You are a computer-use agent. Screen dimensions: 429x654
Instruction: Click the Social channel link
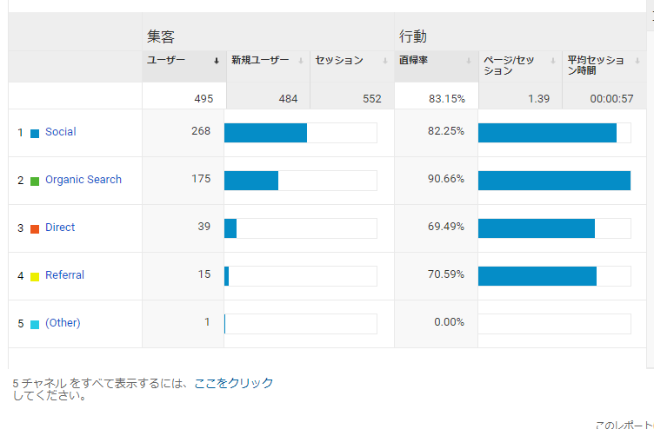tap(60, 132)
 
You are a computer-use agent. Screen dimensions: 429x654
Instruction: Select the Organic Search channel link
tap(83, 180)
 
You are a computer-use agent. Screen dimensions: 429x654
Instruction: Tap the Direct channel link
tap(60, 228)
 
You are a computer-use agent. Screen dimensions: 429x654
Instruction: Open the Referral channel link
tap(64, 275)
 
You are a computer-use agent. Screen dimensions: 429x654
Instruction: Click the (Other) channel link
tap(63, 323)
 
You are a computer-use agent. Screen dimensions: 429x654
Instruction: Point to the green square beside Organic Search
tap(35, 181)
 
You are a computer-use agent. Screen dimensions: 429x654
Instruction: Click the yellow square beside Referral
tap(35, 276)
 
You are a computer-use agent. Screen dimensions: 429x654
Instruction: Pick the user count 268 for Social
tap(201, 131)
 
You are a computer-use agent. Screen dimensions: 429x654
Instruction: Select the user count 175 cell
tap(201, 179)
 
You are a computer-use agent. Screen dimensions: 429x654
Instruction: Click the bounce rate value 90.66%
tap(447, 179)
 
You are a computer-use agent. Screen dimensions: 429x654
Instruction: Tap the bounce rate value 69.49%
tap(447, 227)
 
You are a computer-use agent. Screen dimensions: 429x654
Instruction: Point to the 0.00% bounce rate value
tap(450, 322)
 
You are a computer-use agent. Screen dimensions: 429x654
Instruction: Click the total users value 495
tap(204, 98)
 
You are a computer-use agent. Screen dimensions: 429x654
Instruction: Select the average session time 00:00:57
tap(611, 98)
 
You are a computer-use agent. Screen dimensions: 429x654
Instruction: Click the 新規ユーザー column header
tap(260, 61)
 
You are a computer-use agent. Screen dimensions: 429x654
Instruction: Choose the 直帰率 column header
tap(414, 61)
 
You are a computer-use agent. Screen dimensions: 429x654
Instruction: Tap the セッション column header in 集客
tap(339, 61)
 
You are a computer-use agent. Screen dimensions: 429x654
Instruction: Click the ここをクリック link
tap(234, 383)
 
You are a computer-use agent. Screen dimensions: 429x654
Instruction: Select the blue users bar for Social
tap(265, 132)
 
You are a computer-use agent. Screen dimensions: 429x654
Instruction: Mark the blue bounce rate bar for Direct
tap(536, 228)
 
